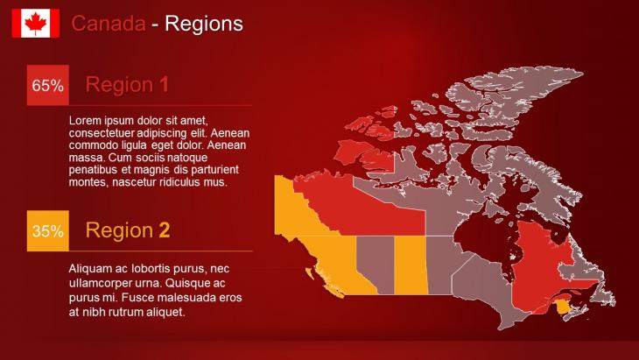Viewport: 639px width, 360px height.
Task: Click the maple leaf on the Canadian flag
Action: pos(36,23)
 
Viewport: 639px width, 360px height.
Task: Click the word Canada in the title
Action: pos(109,24)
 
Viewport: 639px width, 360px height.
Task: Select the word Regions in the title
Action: pos(204,24)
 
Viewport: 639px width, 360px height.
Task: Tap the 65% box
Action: pos(47,85)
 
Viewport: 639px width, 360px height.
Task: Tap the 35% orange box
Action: pos(47,230)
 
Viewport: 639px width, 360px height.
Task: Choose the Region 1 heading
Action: pos(127,85)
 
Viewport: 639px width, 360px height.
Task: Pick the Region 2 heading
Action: pos(128,230)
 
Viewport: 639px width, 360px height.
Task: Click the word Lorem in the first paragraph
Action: pos(84,121)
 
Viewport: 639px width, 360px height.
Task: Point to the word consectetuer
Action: pos(102,133)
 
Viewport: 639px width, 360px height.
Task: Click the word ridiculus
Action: pos(178,182)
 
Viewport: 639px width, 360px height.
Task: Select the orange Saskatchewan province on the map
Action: pos(410,265)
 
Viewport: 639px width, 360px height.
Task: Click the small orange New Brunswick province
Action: pos(563,306)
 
